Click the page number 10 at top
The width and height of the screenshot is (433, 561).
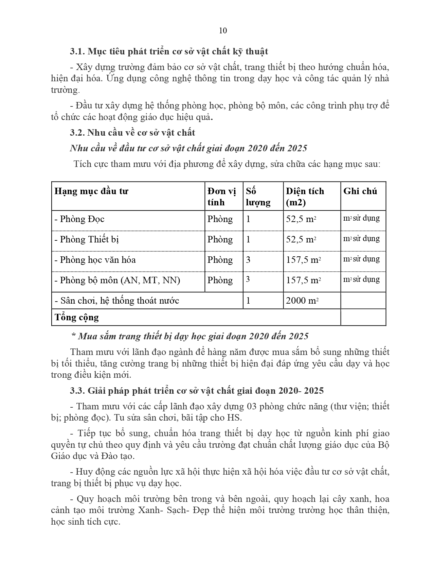[223, 31]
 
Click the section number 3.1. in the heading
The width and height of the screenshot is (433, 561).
[77, 51]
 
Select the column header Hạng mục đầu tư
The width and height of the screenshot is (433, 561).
[91, 191]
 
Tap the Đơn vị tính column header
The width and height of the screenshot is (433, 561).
[221, 197]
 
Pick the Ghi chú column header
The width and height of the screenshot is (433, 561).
[360, 191]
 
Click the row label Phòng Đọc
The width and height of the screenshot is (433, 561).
[79, 219]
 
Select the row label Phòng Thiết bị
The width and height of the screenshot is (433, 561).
[87, 239]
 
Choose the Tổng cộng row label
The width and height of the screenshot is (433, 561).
[77, 317]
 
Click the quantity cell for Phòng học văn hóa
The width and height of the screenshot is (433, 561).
[248, 260]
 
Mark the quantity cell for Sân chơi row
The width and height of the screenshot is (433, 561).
[248, 301]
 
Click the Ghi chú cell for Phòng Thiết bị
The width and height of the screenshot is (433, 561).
[361, 238]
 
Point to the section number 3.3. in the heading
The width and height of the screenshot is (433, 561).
[77, 391]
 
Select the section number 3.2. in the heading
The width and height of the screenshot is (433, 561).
[77, 133]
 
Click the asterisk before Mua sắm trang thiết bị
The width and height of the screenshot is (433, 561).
[73, 336]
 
